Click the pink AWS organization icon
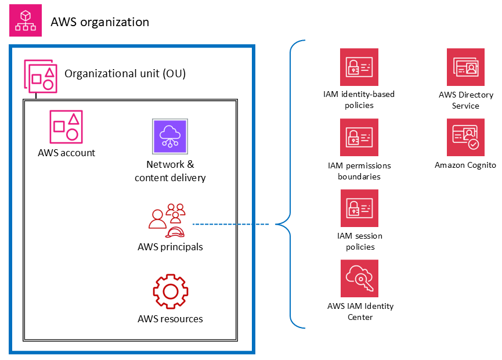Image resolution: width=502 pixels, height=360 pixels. tap(25, 21)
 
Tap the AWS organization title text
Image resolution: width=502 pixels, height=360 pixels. tap(100, 22)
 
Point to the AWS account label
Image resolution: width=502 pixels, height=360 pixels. tap(66, 153)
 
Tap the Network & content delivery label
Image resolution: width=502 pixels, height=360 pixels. tap(170, 171)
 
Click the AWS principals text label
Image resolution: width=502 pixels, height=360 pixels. tap(170, 247)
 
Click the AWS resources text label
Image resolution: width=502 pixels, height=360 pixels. tap(170, 319)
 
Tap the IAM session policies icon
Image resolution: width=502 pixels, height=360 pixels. tap(359, 208)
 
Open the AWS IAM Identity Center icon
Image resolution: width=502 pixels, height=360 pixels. tap(359, 279)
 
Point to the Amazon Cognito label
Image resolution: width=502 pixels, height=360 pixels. tap(465, 165)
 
